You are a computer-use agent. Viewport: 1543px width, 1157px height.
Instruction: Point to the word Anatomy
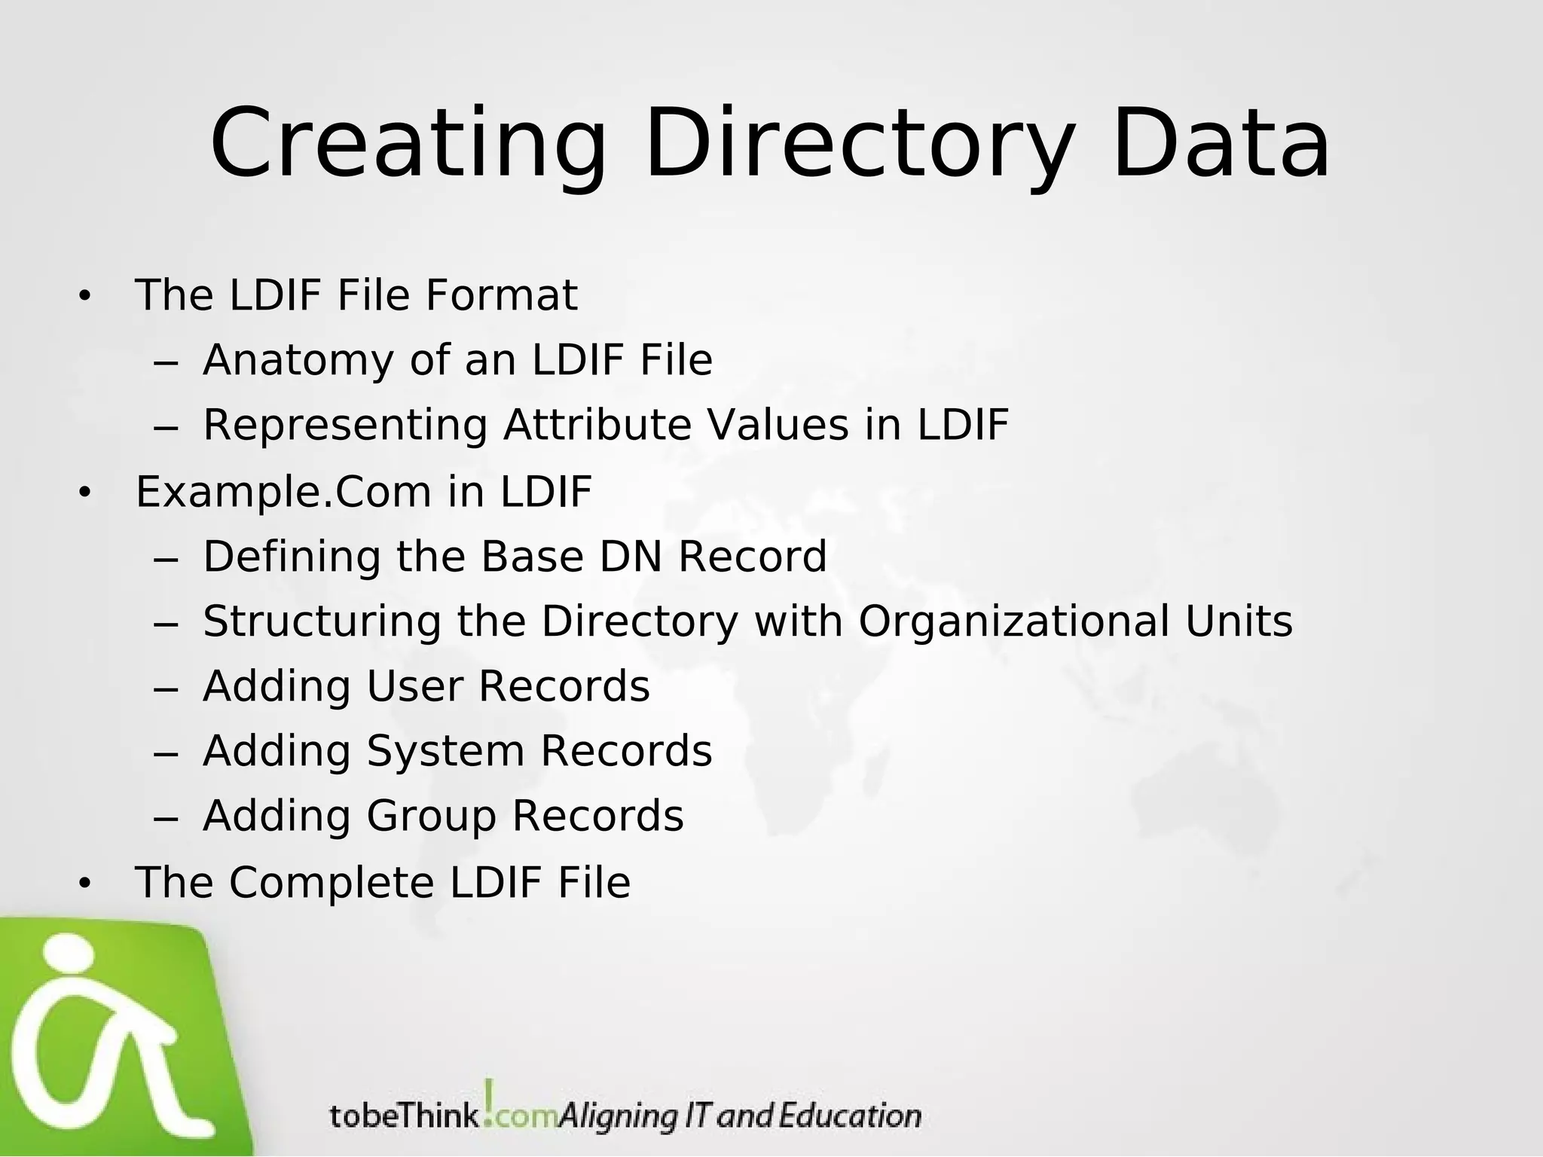click(x=298, y=360)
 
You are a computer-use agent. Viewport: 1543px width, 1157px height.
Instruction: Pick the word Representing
click(x=345, y=425)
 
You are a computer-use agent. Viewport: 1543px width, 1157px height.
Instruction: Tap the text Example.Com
click(x=283, y=492)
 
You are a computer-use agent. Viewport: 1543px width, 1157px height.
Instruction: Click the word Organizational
click(x=1014, y=621)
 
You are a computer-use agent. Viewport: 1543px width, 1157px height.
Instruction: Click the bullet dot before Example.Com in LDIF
click(x=84, y=493)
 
